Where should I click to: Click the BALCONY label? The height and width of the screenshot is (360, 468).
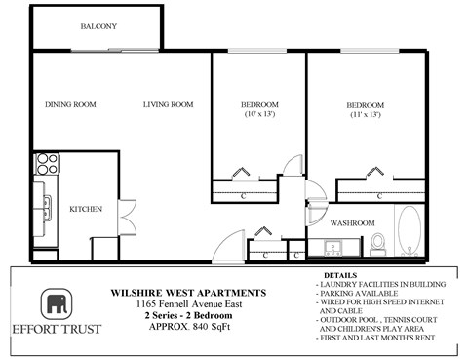tap(98, 27)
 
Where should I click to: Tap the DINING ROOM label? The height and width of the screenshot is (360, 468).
tap(70, 105)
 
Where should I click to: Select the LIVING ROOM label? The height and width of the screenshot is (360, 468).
tap(168, 105)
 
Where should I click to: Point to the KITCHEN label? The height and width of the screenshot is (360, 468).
tap(86, 208)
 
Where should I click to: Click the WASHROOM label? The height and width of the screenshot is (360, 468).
tap(352, 223)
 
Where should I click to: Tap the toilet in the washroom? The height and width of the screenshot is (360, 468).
tap(380, 241)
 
